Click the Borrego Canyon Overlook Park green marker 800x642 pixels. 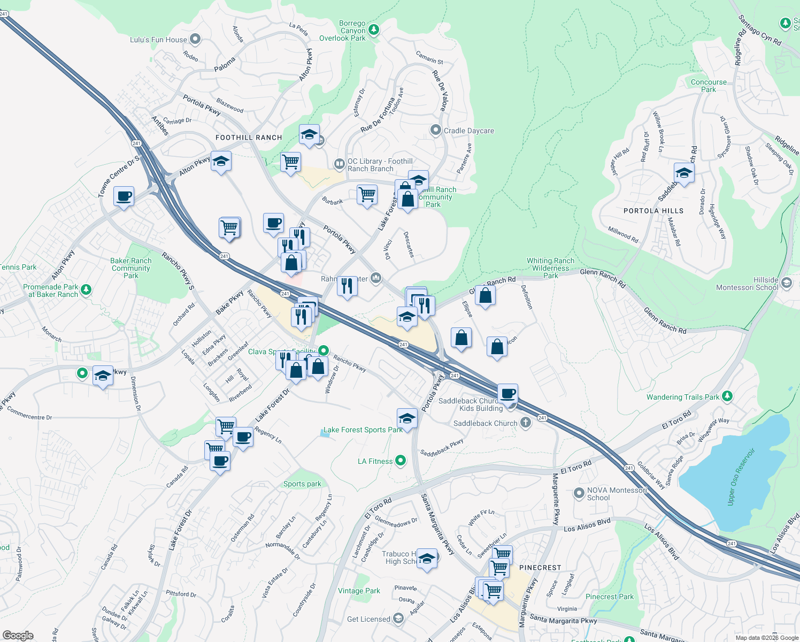(x=374, y=30)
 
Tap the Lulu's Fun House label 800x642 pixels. (x=159, y=40)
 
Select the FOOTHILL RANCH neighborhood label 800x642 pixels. (x=249, y=137)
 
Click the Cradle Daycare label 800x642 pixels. (x=468, y=131)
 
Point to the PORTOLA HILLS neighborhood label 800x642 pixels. (x=653, y=211)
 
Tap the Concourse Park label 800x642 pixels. (x=709, y=86)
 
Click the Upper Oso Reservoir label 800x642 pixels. (x=741, y=476)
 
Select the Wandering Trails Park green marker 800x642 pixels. (x=727, y=396)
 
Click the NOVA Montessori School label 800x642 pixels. (x=617, y=494)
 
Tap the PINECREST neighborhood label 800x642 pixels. (x=540, y=568)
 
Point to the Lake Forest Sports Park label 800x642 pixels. (x=363, y=430)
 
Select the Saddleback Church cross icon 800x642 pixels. (x=526, y=423)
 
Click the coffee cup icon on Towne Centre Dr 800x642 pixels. (x=124, y=196)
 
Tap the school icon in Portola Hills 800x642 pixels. (x=684, y=173)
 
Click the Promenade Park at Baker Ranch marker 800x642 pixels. (x=86, y=290)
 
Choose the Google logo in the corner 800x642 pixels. (x=18, y=636)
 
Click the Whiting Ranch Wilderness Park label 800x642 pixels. (x=550, y=268)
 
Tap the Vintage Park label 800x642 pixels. (x=359, y=591)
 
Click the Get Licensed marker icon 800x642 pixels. (x=398, y=619)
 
